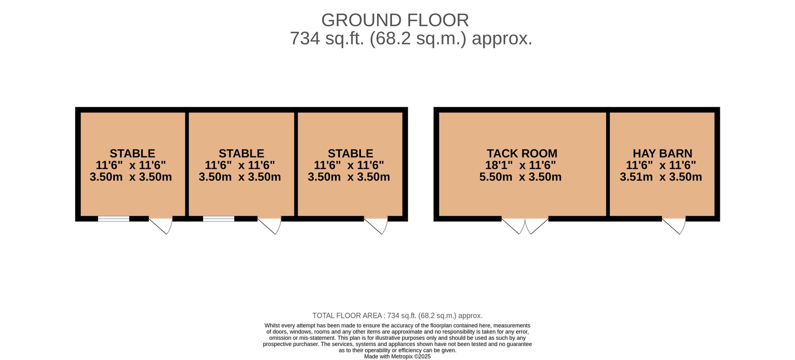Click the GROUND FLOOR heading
click(395, 20)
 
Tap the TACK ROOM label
click(522, 153)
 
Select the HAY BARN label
click(662, 153)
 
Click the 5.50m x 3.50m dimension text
click(520, 177)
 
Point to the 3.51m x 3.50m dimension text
click(661, 177)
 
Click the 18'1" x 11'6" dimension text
click(520, 165)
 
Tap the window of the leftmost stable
click(114, 219)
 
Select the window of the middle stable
click(219, 219)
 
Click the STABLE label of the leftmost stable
click(132, 153)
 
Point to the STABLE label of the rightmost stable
click(351, 153)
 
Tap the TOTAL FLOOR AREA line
click(397, 316)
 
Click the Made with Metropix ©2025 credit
click(397, 357)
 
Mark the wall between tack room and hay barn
click(608, 164)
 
